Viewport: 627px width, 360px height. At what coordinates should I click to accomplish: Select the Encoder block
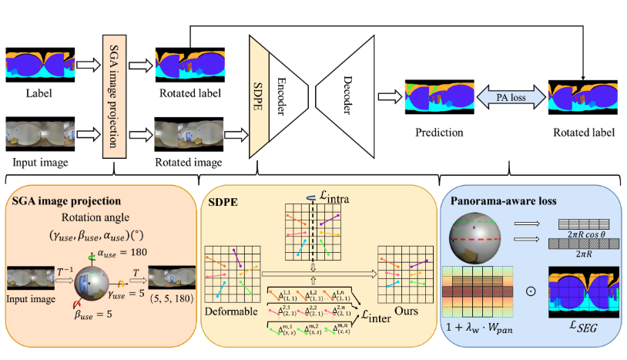(x=283, y=99)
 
